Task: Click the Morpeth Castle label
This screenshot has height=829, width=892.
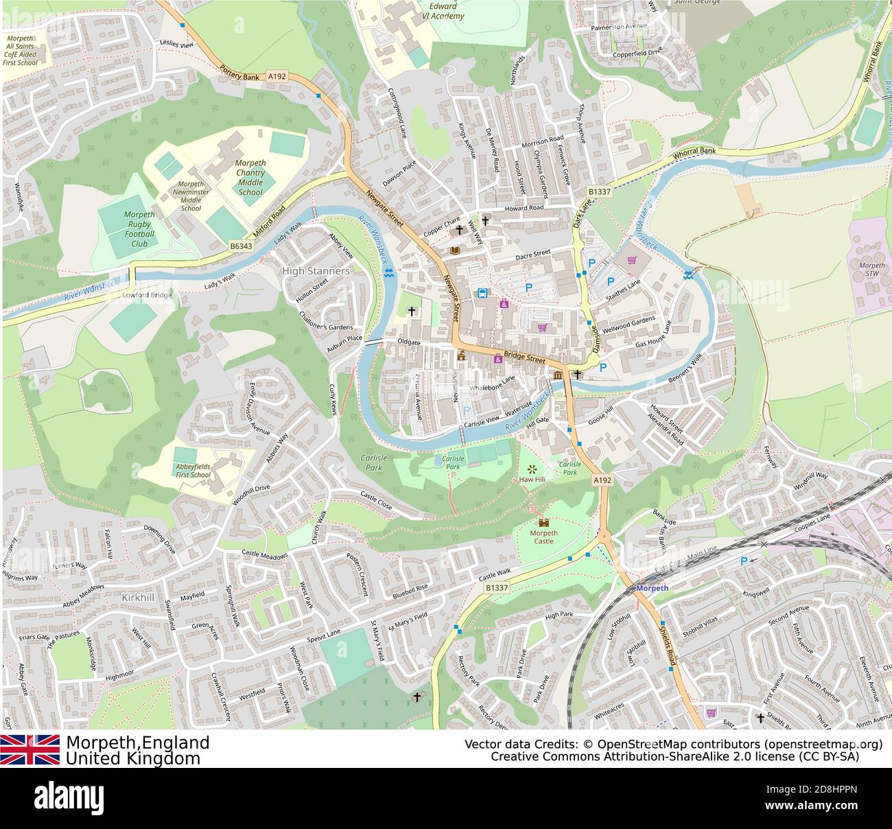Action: pos(544,537)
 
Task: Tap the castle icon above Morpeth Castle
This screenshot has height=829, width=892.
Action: pos(544,522)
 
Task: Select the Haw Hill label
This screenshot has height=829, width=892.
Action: pos(530,479)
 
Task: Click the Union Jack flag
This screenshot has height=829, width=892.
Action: pos(30,749)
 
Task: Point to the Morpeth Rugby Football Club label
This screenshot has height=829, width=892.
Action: pos(139,229)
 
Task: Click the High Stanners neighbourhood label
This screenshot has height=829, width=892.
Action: pos(316,271)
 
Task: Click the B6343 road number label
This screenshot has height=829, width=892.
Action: pos(241,246)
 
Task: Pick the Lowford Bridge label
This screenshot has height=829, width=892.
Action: pos(147,295)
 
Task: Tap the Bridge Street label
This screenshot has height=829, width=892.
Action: pos(524,358)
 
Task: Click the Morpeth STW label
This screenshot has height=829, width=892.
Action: pos(871,270)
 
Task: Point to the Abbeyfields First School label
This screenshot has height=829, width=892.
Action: pos(193,471)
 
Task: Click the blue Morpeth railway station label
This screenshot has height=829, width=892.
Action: pos(652,588)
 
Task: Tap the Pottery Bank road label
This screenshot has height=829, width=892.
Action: pos(239,73)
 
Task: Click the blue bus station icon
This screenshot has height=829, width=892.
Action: pos(482,294)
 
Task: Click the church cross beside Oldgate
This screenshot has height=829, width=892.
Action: pos(412,312)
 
